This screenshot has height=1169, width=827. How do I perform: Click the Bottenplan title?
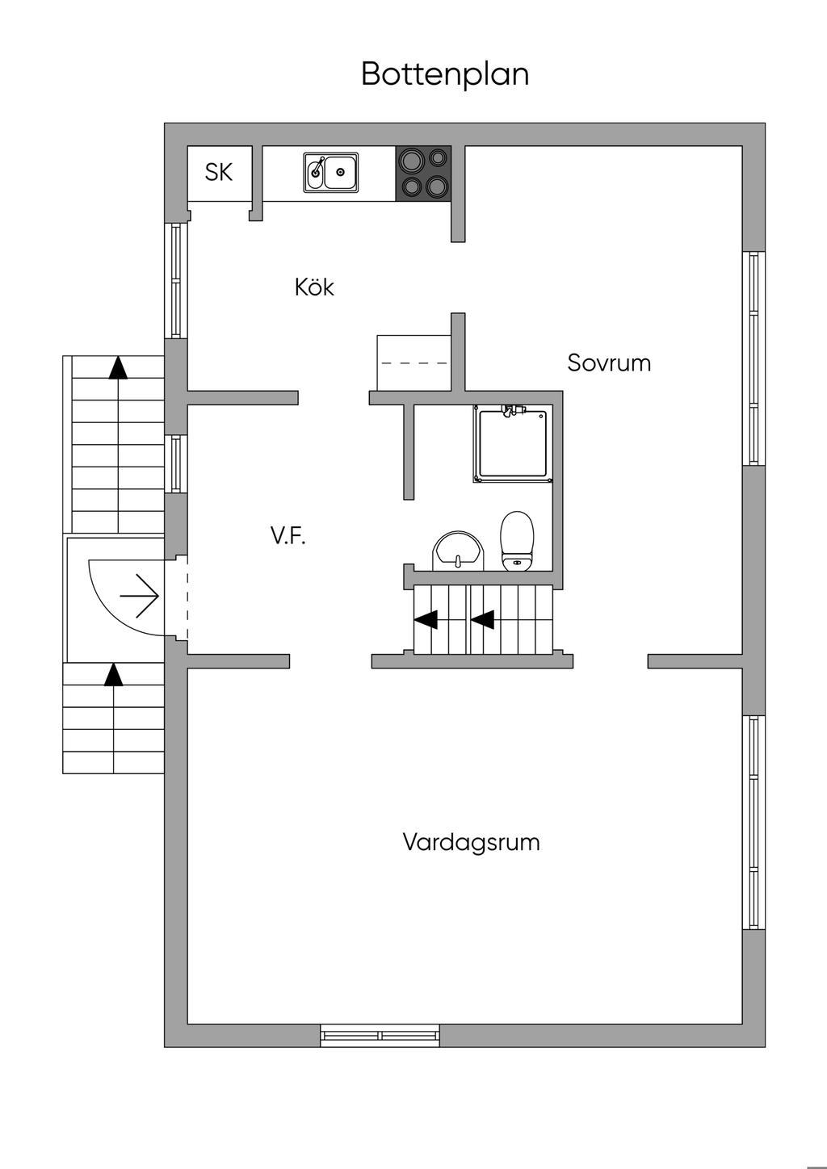pos(445,74)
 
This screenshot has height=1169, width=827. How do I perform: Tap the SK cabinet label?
pos(218,172)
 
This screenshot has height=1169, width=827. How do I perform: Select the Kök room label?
pos(314,287)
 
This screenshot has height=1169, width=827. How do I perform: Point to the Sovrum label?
pos(609,363)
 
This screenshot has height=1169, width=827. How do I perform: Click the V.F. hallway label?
pos(288,535)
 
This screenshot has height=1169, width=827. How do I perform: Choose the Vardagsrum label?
pos(471,843)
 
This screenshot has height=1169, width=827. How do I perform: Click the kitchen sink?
pos(331,172)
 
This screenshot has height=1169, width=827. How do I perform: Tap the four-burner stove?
pos(423,174)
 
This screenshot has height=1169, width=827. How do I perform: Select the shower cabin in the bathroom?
pos(513,443)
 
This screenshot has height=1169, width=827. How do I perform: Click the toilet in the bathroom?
pos(517,541)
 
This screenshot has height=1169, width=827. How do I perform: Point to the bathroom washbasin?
pos(459,551)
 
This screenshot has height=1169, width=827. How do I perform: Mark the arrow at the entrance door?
pos(140,596)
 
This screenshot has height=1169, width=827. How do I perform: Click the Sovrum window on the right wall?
pos(754,358)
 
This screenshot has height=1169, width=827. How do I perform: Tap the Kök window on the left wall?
pos(176,281)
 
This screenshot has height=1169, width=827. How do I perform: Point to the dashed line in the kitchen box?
pos(414,363)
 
